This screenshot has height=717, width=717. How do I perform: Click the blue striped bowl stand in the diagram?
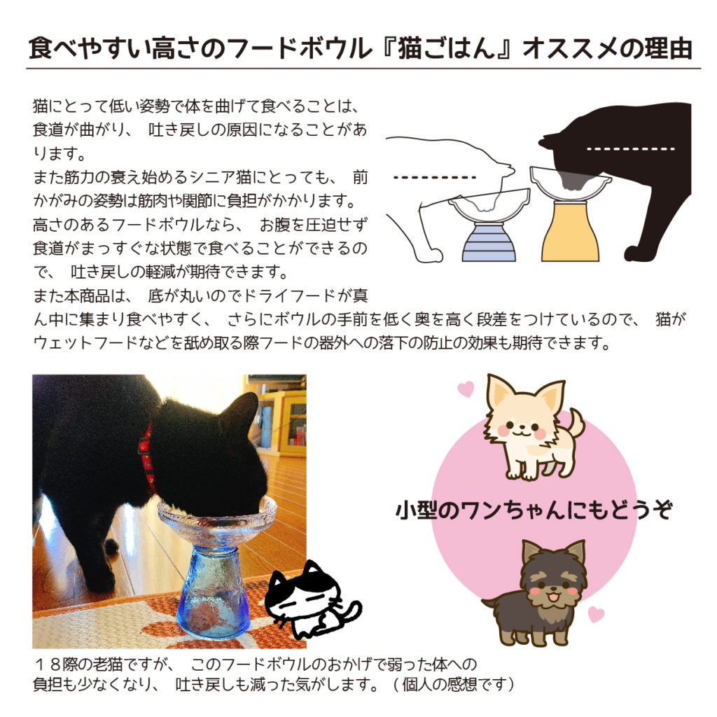pos(488,242)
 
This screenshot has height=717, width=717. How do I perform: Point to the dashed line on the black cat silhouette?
pos(631,148)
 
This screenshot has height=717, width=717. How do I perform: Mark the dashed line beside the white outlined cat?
pos(435,177)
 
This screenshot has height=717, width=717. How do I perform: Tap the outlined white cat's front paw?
pos(430,254)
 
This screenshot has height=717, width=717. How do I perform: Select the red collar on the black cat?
pos(146,457)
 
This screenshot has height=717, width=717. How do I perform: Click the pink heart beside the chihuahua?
pos(466,389)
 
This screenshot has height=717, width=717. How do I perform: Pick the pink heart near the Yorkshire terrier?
pos(596,613)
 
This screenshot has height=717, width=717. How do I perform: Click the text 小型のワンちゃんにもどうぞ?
pos(534,510)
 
